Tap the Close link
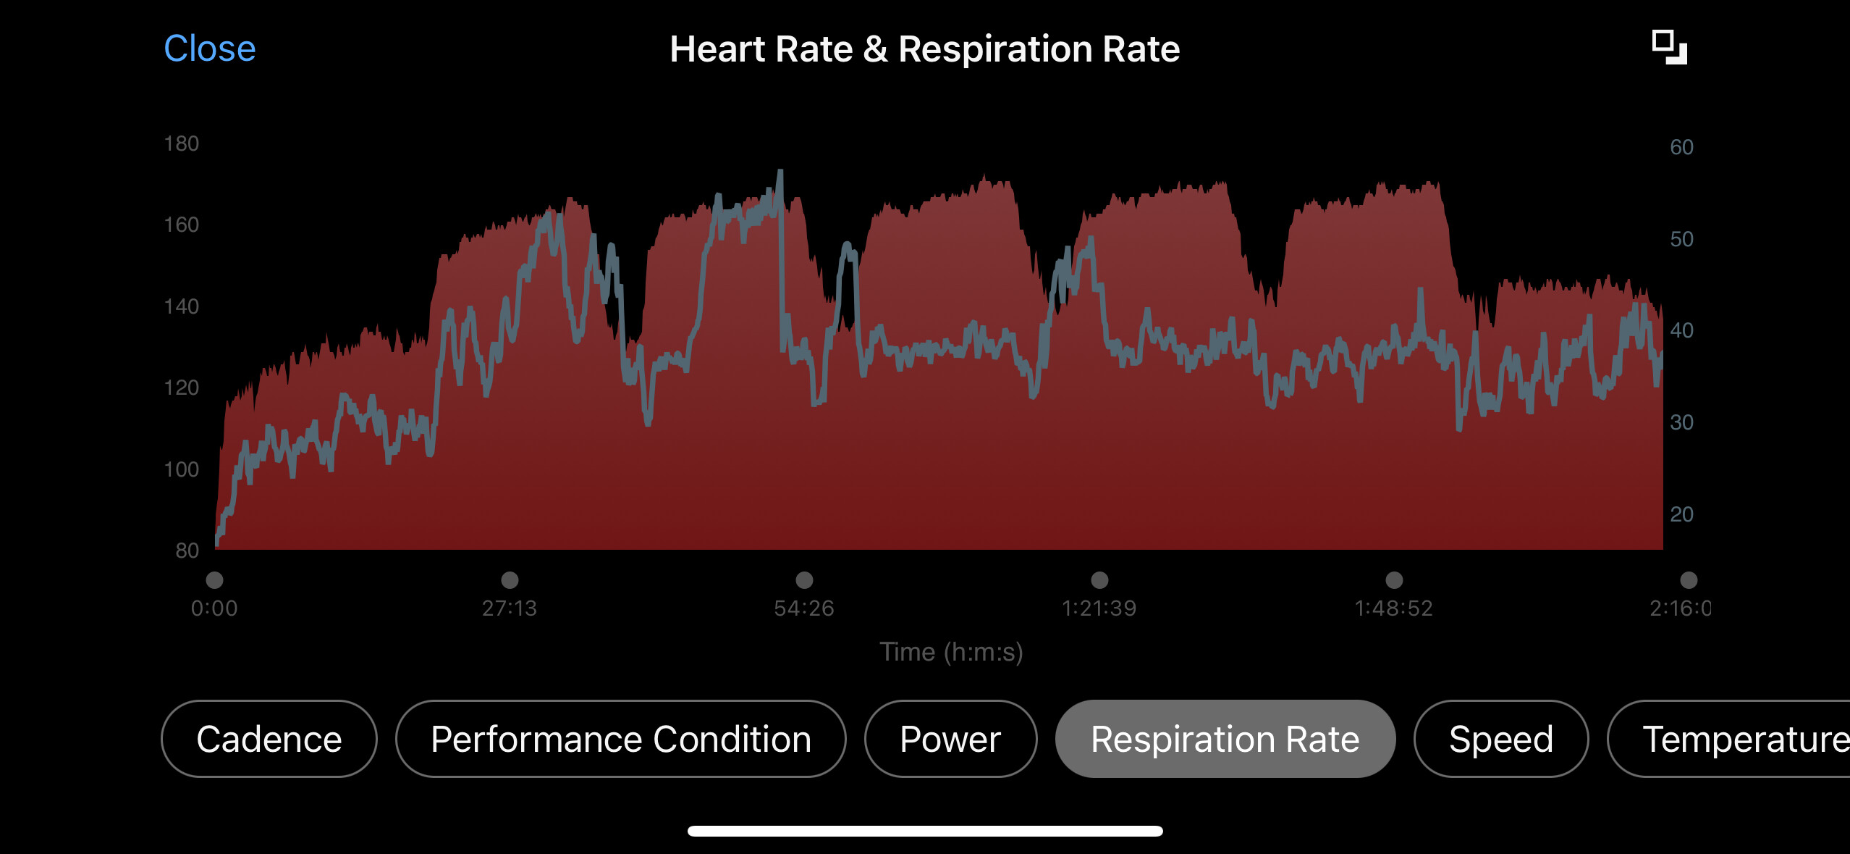[x=210, y=49]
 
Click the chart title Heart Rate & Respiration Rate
[x=924, y=49]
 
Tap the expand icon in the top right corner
[x=1669, y=48]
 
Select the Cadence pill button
[x=269, y=739]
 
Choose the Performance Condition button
[x=620, y=739]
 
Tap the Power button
[x=950, y=739]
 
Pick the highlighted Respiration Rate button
[x=1225, y=739]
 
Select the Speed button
[x=1500, y=739]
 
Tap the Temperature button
[x=1737, y=739]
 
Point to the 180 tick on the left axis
[x=181, y=143]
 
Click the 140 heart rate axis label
[x=181, y=306]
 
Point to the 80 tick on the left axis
[x=187, y=551]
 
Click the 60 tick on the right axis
[x=1681, y=147]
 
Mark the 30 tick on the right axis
[x=1681, y=422]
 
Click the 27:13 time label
[x=510, y=608]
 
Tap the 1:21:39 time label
[x=1099, y=608]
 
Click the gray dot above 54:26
[x=804, y=579]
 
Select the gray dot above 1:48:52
[x=1394, y=579]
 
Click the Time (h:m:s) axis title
[x=951, y=652]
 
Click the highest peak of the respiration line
[x=780, y=172]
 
